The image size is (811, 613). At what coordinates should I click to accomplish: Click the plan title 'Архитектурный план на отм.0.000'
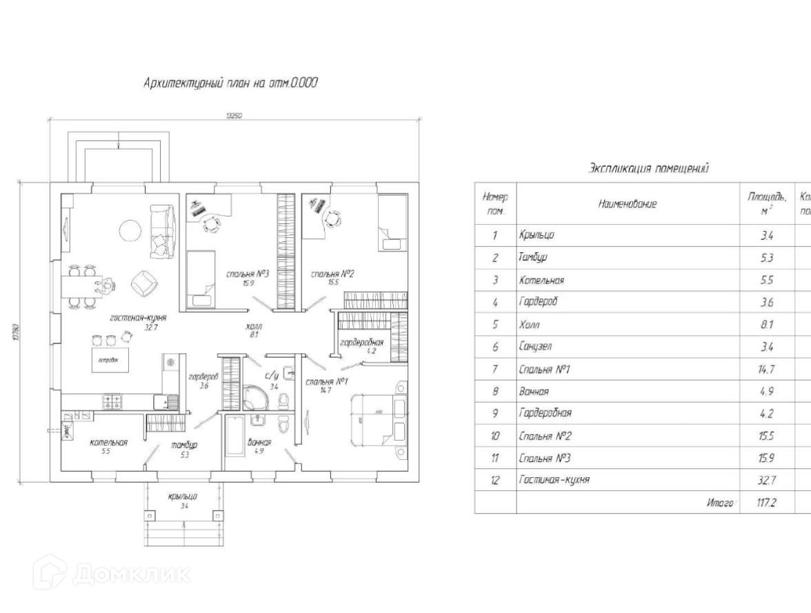pyautogui.click(x=230, y=83)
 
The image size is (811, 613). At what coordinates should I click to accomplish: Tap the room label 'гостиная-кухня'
pyautogui.click(x=138, y=318)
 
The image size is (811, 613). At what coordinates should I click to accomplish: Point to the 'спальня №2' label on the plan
pyautogui.click(x=332, y=274)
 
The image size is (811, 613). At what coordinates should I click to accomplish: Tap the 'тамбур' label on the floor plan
pyautogui.click(x=184, y=445)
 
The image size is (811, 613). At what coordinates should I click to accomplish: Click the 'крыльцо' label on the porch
pyautogui.click(x=183, y=496)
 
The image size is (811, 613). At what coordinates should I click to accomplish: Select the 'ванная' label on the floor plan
pyautogui.click(x=259, y=442)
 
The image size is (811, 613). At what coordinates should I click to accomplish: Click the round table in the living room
pyautogui.click(x=130, y=230)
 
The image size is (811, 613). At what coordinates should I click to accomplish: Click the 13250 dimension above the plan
pyautogui.click(x=234, y=116)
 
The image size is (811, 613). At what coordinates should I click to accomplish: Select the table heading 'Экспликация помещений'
pyautogui.click(x=648, y=168)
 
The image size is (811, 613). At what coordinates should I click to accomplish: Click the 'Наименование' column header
pyautogui.click(x=627, y=203)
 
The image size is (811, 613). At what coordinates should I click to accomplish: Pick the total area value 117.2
pyautogui.click(x=766, y=502)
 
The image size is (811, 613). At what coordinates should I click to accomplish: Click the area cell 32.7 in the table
pyautogui.click(x=766, y=479)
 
